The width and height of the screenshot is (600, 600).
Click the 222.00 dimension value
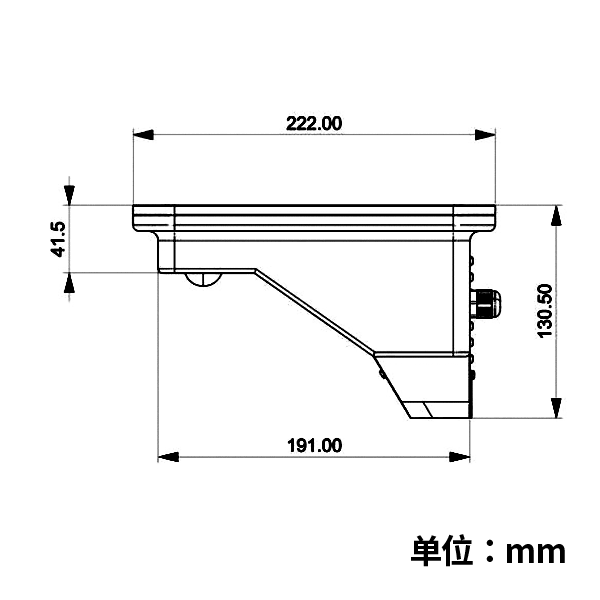point(314,124)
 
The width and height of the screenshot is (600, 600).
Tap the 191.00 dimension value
point(315,446)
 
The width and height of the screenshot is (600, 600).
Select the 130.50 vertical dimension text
point(545,311)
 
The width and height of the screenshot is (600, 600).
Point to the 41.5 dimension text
point(59,239)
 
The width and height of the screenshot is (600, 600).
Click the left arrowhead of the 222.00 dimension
point(143,135)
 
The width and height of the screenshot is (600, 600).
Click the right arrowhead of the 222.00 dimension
point(485,135)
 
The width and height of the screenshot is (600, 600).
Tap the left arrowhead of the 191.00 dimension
point(168,457)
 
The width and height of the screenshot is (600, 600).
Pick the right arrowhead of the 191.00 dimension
point(460,457)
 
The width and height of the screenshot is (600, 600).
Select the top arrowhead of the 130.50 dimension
point(556,215)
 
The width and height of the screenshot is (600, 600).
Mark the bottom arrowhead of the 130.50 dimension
point(556,408)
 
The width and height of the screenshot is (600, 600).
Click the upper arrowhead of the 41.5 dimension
point(69,195)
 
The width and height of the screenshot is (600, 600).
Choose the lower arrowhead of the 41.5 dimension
point(69,283)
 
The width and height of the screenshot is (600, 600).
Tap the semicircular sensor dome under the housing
point(204,279)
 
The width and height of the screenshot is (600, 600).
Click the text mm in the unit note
point(535,552)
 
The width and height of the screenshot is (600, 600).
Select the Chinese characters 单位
point(442,551)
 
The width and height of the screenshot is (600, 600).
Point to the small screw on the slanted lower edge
point(382,373)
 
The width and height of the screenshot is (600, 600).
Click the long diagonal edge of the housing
point(315,311)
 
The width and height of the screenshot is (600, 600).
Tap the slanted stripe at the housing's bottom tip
point(428,410)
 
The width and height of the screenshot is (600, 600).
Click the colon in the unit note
point(489,552)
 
